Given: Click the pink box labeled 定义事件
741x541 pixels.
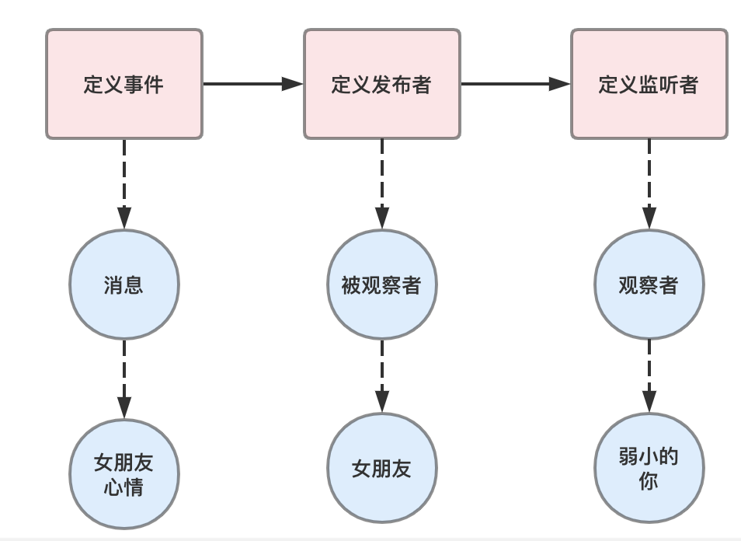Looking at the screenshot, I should click(x=124, y=84).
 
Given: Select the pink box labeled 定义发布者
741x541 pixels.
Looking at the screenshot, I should click(x=381, y=84).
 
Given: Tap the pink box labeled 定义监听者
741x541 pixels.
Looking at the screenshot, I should click(x=649, y=84).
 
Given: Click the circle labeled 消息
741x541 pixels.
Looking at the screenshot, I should click(x=124, y=284).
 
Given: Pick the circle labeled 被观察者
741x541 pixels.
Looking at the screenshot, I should click(x=381, y=284).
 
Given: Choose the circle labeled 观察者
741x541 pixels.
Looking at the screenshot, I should click(x=649, y=284).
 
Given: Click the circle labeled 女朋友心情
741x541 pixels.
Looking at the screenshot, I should click(x=124, y=474).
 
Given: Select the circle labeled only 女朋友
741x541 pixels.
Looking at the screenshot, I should click(x=381, y=468).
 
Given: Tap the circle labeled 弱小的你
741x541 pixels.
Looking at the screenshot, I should click(x=649, y=468).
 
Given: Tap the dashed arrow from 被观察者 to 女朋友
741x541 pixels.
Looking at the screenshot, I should click(x=381, y=376).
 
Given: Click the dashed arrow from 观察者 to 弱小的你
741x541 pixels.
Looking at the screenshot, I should click(x=649, y=376).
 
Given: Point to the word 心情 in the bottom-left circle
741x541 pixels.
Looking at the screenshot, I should click(x=124, y=489).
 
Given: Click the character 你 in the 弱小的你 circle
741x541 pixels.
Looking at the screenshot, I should click(x=649, y=481).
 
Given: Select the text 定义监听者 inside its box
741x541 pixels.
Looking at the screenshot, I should click(x=649, y=84).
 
